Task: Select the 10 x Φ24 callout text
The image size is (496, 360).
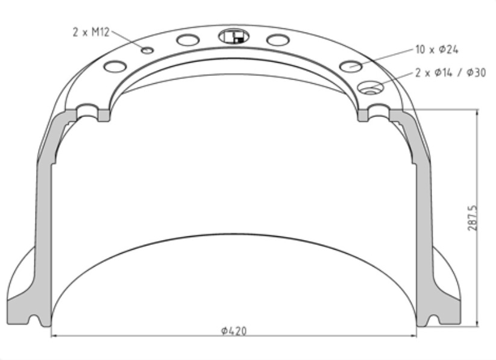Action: [x=437, y=49]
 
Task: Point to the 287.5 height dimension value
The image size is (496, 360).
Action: [x=472, y=217]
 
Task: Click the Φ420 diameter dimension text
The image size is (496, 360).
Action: [x=234, y=330]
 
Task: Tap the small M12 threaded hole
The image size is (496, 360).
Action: [x=147, y=50]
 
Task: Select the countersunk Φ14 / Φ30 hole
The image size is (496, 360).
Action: [x=369, y=88]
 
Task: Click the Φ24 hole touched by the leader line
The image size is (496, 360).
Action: [x=351, y=66]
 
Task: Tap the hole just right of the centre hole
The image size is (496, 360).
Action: [x=277, y=40]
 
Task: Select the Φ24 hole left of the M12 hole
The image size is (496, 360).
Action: [x=114, y=66]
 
